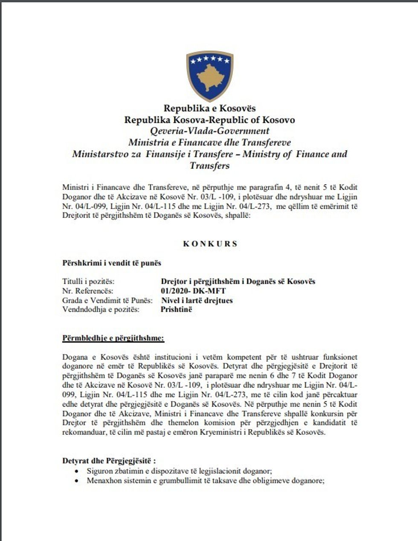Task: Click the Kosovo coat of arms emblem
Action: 209,76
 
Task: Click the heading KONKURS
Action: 210,244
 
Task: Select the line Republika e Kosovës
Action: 209,108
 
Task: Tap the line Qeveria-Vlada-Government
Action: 209,131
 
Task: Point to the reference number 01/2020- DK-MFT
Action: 193,291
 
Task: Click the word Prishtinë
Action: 176,309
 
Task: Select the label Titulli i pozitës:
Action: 88,282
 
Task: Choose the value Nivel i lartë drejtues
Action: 197,300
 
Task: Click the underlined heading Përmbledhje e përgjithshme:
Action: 113,338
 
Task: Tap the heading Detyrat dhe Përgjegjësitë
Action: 109,461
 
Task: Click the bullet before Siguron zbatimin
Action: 76,471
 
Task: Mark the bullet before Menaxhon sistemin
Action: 76,480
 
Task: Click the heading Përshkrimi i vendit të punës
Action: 112,263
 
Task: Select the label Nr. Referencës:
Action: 88,291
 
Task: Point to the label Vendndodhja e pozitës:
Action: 101,309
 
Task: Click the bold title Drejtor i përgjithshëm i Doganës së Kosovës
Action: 238,282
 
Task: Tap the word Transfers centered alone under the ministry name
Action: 209,166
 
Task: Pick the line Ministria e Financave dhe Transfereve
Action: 209,143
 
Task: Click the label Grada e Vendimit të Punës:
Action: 107,300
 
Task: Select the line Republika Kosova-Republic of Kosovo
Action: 209,120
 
